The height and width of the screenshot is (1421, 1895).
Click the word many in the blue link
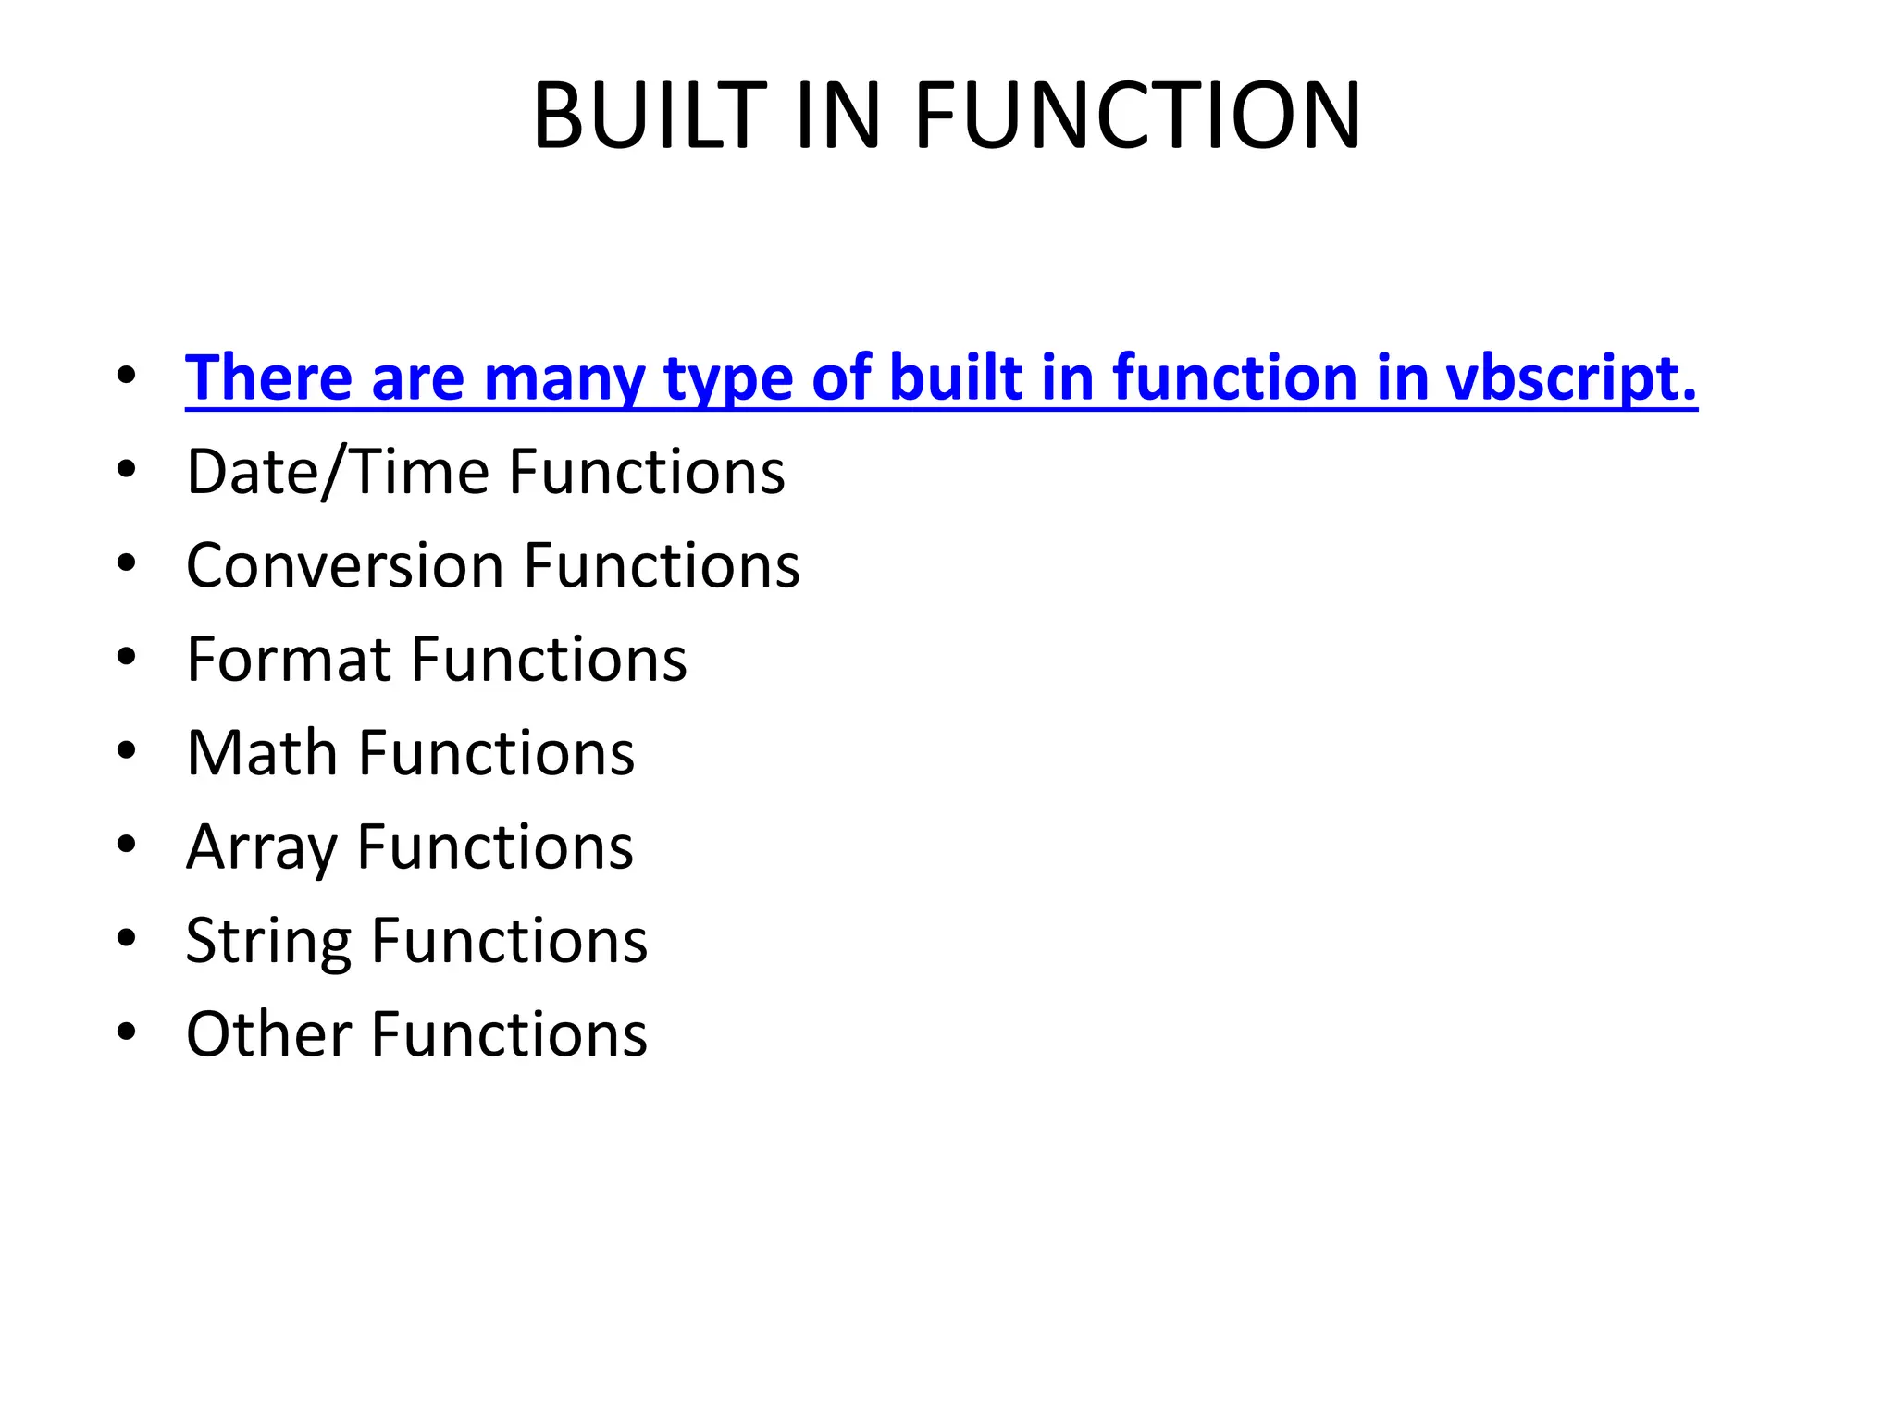pyautogui.click(x=564, y=378)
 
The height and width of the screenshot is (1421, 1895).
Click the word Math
pyautogui.click(x=262, y=752)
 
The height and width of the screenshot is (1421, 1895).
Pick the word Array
pyautogui.click(x=262, y=847)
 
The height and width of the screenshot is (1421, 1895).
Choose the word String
pyautogui.click(x=268, y=941)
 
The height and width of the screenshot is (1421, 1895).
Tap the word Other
pyautogui.click(x=269, y=1033)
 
